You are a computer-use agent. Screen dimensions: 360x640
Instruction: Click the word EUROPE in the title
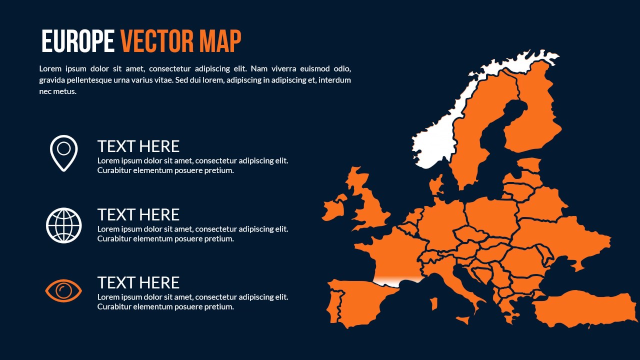tap(77, 41)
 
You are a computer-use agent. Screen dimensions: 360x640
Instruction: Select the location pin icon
tap(64, 152)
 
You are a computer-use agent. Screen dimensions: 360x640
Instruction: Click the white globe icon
tap(64, 225)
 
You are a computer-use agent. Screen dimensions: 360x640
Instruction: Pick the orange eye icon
tap(64, 290)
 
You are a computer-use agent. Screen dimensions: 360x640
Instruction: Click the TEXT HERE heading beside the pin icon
tap(138, 146)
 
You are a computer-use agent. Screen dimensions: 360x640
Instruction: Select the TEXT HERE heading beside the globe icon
tap(138, 215)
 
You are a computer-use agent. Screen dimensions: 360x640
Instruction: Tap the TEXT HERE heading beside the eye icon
tap(138, 283)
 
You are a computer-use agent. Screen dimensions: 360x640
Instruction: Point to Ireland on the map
tap(334, 207)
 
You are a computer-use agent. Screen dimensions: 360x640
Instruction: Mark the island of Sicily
tap(463, 318)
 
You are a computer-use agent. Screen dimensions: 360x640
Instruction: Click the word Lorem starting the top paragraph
tap(49, 69)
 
